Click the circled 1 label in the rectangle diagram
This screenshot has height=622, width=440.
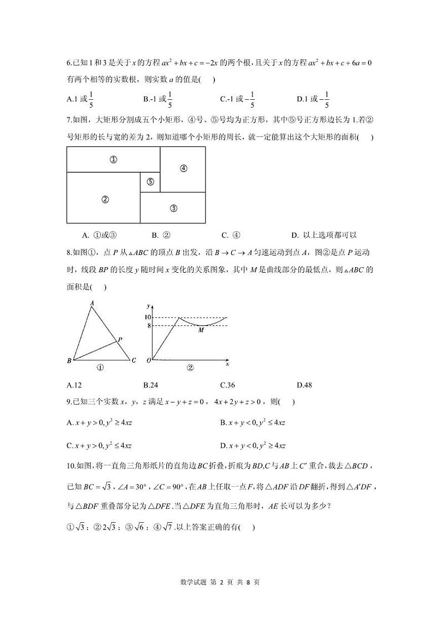click(x=113, y=160)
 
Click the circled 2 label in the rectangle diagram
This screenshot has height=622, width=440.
click(x=105, y=200)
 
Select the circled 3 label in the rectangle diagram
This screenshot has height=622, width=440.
click(x=173, y=208)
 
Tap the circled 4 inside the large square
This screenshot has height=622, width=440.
click(x=183, y=169)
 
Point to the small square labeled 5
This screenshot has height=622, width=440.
click(x=150, y=182)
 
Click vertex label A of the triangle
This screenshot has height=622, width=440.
click(x=91, y=303)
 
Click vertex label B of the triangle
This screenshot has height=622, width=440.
click(x=69, y=361)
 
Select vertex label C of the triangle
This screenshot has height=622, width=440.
click(x=134, y=360)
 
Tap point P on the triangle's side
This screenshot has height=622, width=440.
click(x=120, y=339)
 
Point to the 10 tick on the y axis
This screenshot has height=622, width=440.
click(x=147, y=317)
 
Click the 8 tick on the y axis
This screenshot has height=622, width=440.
click(x=149, y=325)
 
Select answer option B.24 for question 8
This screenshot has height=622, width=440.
click(x=151, y=385)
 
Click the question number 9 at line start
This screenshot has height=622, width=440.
click(x=68, y=402)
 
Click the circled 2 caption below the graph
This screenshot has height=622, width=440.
click(x=190, y=367)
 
